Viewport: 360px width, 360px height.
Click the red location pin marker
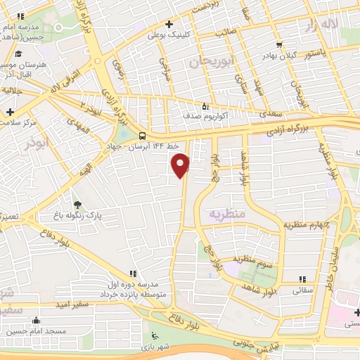pos(181,165)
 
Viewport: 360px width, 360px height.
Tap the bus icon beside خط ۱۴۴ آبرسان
pos(143,136)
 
